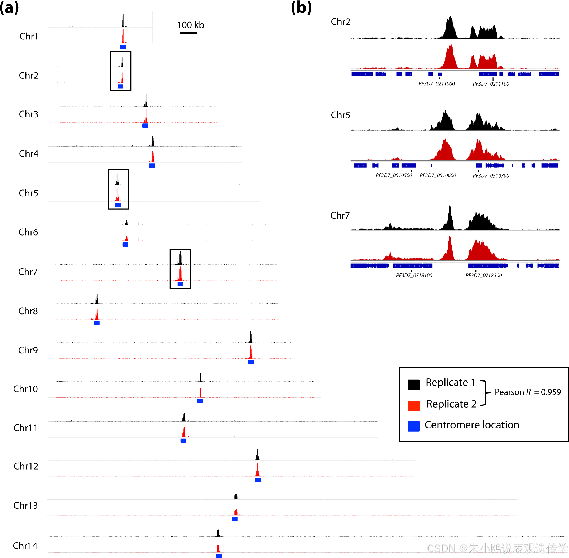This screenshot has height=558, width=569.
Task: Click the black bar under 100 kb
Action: tap(188, 33)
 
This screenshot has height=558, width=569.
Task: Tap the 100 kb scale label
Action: tap(190, 25)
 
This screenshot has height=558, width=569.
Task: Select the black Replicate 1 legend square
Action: tap(413, 384)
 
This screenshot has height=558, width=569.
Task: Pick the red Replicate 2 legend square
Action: tap(413, 406)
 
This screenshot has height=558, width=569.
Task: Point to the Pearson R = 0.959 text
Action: tap(527, 392)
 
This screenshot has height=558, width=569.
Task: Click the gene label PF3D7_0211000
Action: tap(436, 83)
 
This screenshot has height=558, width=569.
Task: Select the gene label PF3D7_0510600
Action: tap(438, 175)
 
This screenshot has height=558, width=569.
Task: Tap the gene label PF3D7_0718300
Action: tap(483, 276)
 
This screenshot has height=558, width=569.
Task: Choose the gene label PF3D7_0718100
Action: tap(414, 276)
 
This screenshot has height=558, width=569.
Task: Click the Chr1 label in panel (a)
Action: tap(29, 36)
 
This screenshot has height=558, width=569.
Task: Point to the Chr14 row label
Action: tap(25, 546)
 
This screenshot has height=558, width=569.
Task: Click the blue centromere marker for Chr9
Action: tap(251, 362)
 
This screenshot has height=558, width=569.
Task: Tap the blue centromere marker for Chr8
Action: tap(97, 323)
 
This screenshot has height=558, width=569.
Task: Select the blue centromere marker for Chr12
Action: tap(258, 480)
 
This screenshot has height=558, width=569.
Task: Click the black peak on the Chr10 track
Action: tap(201, 378)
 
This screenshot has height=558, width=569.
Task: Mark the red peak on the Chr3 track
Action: tap(146, 117)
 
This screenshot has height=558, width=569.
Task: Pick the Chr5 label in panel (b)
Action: tap(340, 115)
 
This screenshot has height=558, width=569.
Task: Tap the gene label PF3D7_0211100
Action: tap(491, 84)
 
